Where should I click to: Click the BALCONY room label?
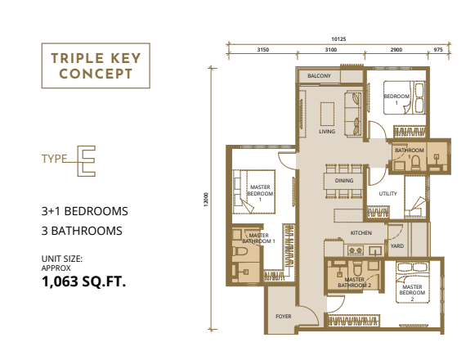(x=319, y=76)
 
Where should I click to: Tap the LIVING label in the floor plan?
(x=327, y=131)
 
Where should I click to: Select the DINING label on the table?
(x=344, y=180)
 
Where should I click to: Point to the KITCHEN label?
(x=361, y=233)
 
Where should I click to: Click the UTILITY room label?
(x=387, y=194)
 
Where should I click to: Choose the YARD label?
(x=397, y=245)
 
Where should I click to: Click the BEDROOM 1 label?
(x=396, y=100)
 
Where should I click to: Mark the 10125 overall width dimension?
(x=340, y=38)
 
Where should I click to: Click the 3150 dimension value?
(x=263, y=50)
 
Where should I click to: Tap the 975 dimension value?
(x=438, y=50)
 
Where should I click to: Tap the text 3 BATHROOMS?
(x=82, y=231)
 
